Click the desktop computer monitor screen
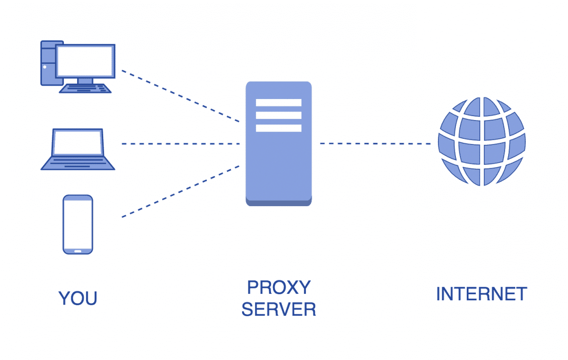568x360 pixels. (85, 61)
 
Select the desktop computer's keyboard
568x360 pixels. (85, 88)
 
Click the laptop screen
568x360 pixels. (78, 142)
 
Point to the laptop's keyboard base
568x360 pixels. (78, 163)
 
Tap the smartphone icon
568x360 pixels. (78, 224)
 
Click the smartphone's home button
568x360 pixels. (78, 250)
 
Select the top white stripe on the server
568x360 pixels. (279, 103)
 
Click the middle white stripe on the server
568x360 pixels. (279, 116)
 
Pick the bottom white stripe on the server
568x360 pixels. (279, 128)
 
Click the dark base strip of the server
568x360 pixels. (279, 202)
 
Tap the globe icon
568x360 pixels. (481, 141)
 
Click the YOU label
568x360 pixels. (78, 298)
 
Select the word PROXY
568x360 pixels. (279, 287)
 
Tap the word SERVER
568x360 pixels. (279, 309)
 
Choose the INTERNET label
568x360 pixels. (481, 294)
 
